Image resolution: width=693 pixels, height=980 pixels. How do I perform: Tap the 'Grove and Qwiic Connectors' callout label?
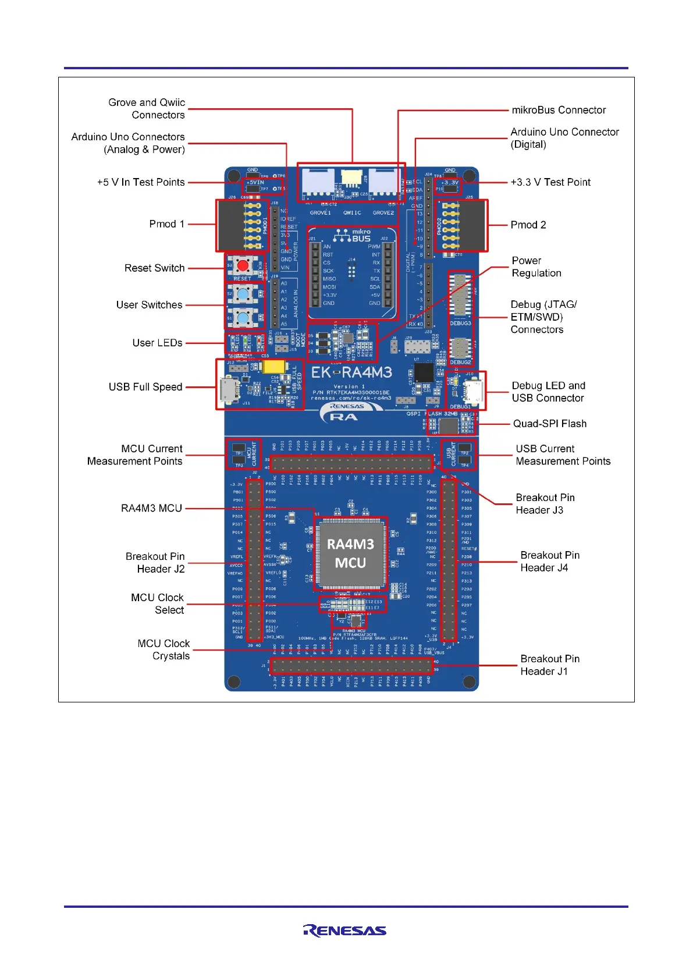tap(147, 109)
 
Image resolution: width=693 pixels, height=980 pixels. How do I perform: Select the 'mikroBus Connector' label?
tap(559, 110)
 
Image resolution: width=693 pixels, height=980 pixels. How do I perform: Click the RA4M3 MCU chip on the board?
tap(350, 553)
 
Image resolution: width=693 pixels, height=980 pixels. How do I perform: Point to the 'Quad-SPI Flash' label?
tap(549, 424)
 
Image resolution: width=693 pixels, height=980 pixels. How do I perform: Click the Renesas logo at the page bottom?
tap(345, 931)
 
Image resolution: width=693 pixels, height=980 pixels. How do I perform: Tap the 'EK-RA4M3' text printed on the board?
tap(351, 373)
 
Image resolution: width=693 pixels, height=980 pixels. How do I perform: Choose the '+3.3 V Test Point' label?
tap(550, 182)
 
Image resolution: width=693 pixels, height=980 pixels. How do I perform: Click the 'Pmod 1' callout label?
tap(166, 224)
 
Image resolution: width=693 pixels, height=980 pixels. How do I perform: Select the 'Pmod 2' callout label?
tap(528, 225)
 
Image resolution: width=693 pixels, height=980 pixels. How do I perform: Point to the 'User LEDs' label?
tap(157, 343)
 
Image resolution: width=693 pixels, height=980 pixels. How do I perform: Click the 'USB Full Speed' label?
tap(145, 387)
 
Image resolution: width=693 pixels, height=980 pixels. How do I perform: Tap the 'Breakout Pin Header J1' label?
tap(550, 665)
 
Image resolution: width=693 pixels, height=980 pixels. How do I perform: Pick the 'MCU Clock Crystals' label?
tap(164, 649)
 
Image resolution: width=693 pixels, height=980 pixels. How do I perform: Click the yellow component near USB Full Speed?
tap(273, 367)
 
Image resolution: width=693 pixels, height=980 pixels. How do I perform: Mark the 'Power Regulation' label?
tap(536, 267)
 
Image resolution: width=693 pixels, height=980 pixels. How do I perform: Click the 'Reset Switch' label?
tap(154, 268)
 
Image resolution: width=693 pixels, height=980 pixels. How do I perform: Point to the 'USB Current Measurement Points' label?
tap(563, 455)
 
